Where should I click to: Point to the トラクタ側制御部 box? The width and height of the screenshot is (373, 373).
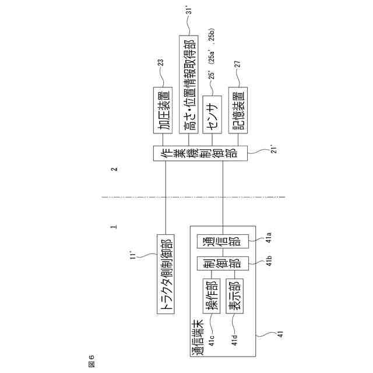(167, 274)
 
